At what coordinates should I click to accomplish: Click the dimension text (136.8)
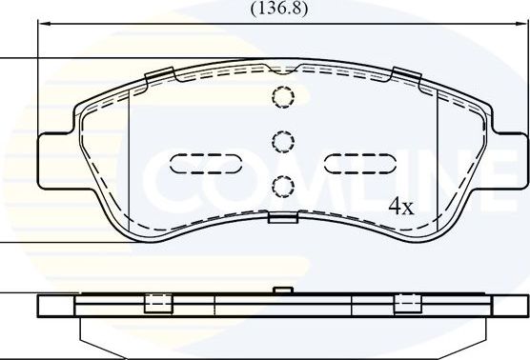[x=278, y=9]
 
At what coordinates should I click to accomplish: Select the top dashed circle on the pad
[x=282, y=97]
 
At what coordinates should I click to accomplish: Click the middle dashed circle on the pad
[x=282, y=142]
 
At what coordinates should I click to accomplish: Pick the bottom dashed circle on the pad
[x=282, y=186]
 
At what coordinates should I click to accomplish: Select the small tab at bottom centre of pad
[x=282, y=218]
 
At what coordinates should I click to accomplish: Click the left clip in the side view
[x=157, y=304]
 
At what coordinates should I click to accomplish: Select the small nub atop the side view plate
[x=281, y=290]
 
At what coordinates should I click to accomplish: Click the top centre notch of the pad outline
[x=282, y=68]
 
